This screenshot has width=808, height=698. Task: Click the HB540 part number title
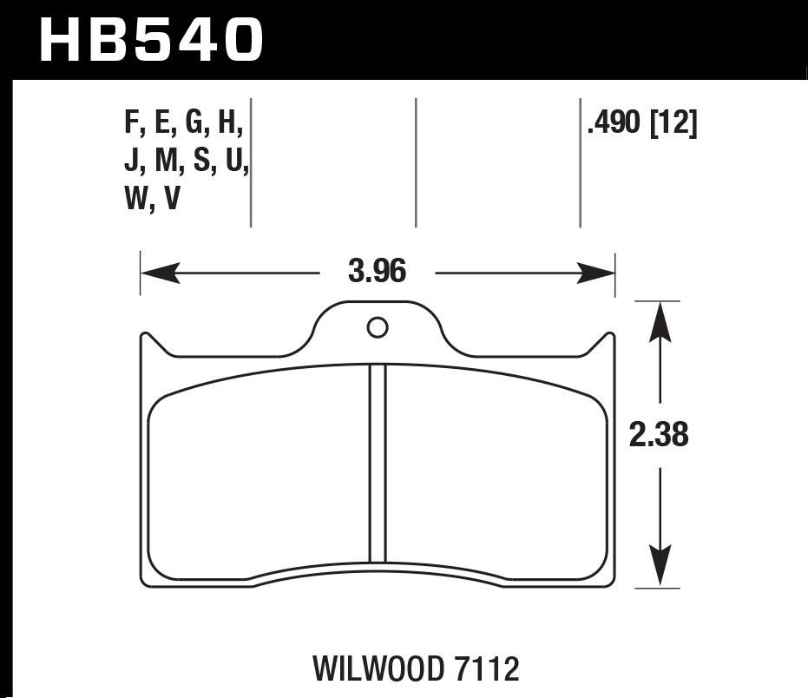(151, 39)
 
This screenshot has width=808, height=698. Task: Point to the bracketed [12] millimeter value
(674, 126)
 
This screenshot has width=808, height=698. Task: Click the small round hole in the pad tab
(378, 327)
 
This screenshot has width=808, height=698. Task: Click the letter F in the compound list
(133, 126)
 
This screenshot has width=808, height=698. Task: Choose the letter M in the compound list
(165, 163)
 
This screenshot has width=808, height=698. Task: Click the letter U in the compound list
(233, 163)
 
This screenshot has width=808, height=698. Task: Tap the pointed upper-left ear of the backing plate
(144, 339)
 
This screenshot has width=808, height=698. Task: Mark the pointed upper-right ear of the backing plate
(610, 339)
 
